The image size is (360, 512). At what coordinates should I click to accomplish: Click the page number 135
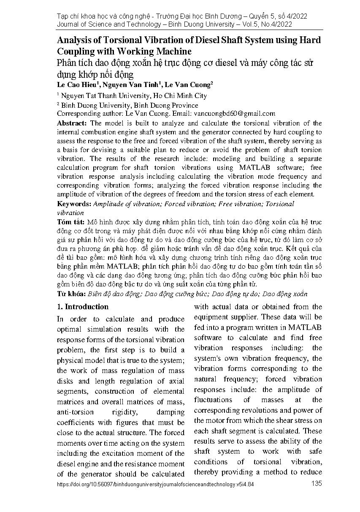(x=316, y=484)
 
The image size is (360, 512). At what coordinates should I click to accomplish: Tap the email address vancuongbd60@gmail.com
(x=234, y=113)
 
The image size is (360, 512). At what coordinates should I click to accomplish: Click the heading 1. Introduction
(x=83, y=307)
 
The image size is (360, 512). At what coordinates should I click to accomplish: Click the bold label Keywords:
(x=74, y=204)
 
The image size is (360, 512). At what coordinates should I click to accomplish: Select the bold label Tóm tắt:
(x=70, y=222)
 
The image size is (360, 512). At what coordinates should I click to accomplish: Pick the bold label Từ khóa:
(x=71, y=294)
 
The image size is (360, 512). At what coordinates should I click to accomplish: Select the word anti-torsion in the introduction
(x=76, y=412)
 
